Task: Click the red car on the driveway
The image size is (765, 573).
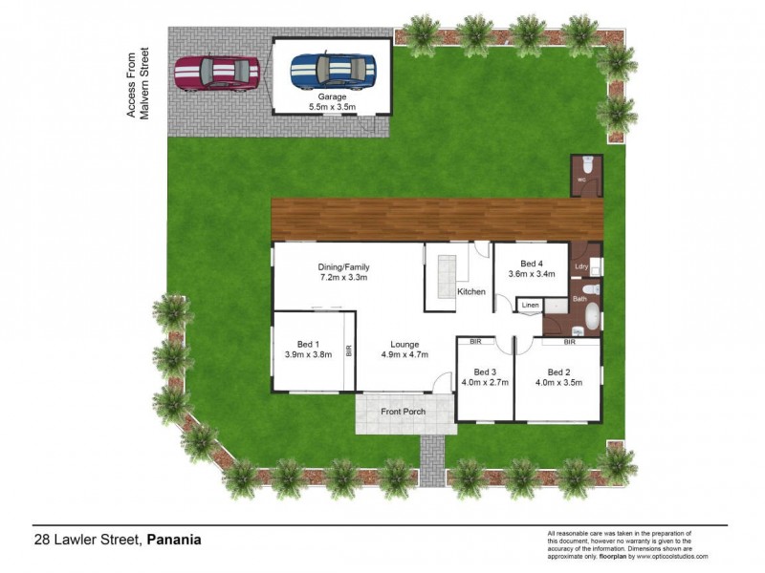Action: click(217, 73)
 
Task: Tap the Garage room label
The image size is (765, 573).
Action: click(331, 96)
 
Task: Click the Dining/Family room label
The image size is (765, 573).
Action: click(343, 267)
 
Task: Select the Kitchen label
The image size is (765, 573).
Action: click(470, 291)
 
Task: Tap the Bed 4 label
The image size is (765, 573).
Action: click(532, 264)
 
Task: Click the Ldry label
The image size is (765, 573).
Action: click(580, 267)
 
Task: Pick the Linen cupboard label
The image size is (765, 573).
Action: click(530, 306)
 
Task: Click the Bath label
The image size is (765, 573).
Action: click(579, 299)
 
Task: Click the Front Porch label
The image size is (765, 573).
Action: click(403, 412)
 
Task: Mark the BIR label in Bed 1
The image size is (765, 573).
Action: click(349, 350)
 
